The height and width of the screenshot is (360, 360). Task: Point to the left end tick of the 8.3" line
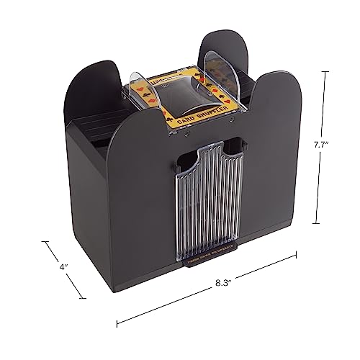pos(117,320)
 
